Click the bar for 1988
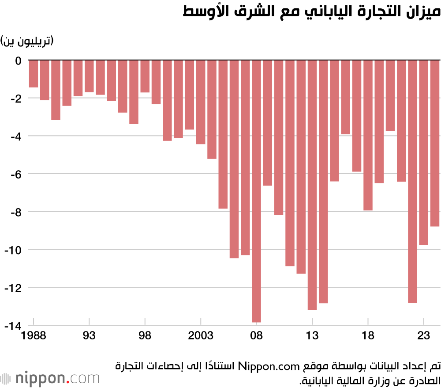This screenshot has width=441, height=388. tap(34, 74)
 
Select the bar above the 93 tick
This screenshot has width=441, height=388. tap(89, 76)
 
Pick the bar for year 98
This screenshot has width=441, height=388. tap(145, 76)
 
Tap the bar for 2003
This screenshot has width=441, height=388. tap(201, 102)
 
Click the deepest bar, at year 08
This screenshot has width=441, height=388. tap(256, 191)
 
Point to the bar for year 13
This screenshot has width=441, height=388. tap(312, 185)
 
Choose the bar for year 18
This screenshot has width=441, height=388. tap(368, 135)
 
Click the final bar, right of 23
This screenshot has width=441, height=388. tap(435, 143)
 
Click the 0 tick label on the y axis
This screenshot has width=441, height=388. tap(18, 61)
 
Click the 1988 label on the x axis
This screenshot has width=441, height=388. tap(34, 336)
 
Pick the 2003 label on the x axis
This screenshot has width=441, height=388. tap(201, 336)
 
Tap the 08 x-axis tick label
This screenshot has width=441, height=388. tap(256, 336)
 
